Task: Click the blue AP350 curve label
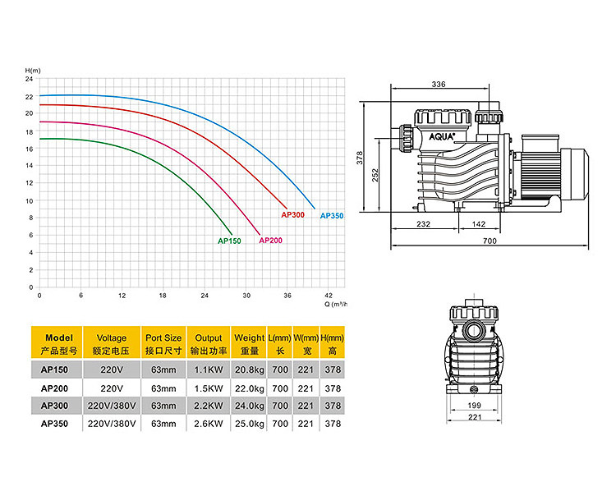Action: [x=332, y=216]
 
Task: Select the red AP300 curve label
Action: [x=292, y=215]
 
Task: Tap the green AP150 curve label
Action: [x=229, y=241]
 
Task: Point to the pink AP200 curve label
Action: [x=270, y=241]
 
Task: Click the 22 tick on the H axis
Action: [x=30, y=97]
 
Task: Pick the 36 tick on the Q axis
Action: [x=287, y=296]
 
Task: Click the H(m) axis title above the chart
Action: [x=33, y=71]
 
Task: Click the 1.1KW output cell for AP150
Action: [x=209, y=370]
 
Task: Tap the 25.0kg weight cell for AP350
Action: [x=250, y=424]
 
